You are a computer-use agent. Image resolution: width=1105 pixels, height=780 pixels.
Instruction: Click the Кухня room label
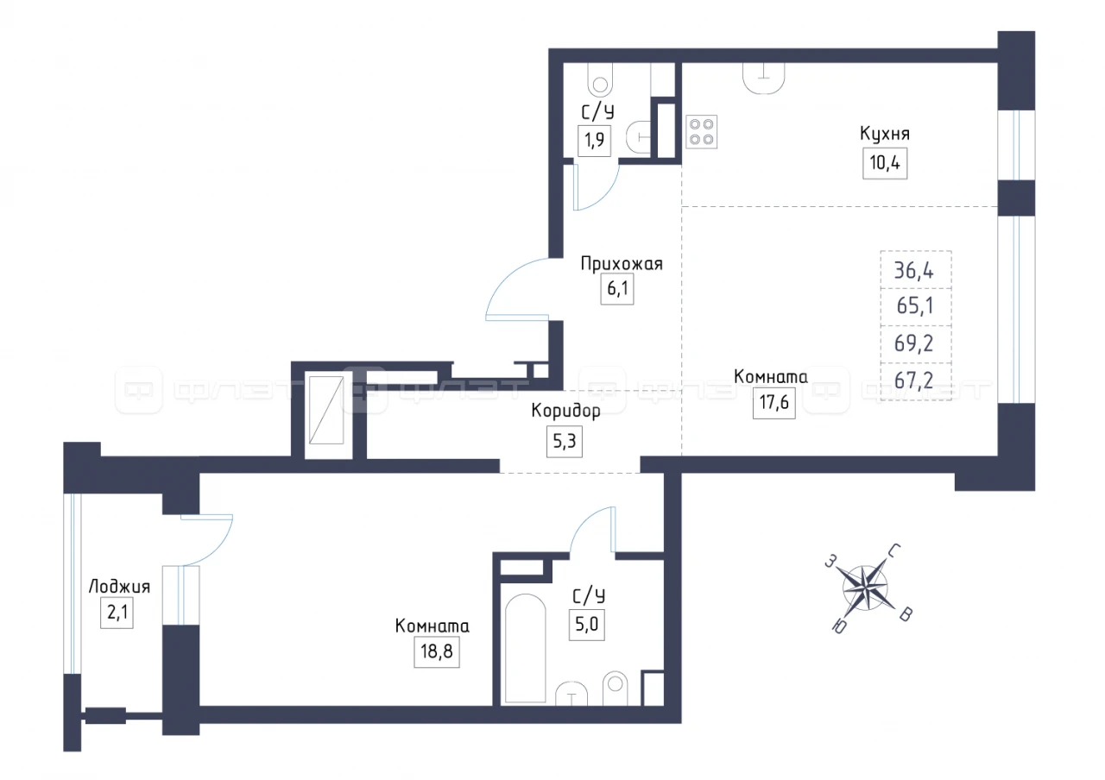click(x=885, y=134)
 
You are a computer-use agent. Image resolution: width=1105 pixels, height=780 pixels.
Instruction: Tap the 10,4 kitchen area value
click(x=885, y=163)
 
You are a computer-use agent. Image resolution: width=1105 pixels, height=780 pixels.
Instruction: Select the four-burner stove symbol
click(x=701, y=132)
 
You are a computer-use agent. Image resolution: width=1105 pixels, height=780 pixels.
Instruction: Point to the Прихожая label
click(x=621, y=264)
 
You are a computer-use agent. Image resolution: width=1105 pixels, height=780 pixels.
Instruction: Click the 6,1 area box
click(x=617, y=288)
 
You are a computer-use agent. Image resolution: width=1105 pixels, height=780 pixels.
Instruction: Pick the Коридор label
click(x=565, y=411)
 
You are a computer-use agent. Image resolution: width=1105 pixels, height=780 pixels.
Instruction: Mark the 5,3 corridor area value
click(x=565, y=442)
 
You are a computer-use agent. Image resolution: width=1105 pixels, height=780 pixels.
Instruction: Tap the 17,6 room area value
click(x=774, y=403)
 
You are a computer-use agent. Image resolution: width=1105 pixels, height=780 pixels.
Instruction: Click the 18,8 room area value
click(x=437, y=651)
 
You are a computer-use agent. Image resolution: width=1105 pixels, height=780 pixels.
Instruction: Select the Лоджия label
click(x=119, y=586)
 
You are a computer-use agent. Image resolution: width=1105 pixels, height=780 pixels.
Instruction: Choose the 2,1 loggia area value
click(x=117, y=613)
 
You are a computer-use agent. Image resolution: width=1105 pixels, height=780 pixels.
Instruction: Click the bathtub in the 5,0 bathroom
click(x=526, y=648)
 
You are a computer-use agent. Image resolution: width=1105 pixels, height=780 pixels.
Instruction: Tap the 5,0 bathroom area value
click(x=586, y=625)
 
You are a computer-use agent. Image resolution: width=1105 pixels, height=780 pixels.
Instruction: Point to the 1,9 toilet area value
click(x=595, y=141)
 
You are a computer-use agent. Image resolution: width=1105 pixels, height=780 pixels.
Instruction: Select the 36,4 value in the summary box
click(x=914, y=271)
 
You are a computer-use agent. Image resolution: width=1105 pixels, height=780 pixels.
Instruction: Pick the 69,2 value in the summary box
click(x=914, y=343)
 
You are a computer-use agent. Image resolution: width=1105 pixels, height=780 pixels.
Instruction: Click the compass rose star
click(x=865, y=588)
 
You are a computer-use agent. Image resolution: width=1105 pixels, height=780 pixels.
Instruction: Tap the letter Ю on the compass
click(x=838, y=627)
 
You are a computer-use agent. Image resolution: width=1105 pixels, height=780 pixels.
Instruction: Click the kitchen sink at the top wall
click(x=764, y=78)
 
